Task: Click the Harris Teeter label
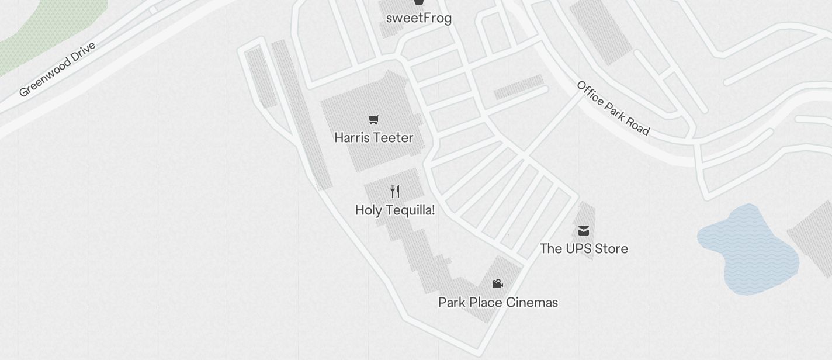click(374, 138)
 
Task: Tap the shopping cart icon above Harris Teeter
click(374, 120)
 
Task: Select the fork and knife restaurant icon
click(395, 192)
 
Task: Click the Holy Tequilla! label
click(395, 210)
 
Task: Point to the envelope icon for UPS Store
click(584, 231)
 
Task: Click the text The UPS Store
click(584, 249)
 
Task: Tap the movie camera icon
click(498, 284)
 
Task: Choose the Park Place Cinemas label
click(498, 303)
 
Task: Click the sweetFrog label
click(419, 18)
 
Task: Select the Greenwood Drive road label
click(57, 69)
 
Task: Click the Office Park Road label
click(613, 108)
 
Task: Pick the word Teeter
click(394, 138)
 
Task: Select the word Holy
click(368, 210)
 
